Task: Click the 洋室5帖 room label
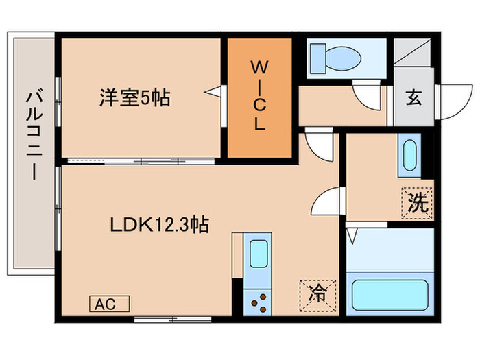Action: pyautogui.click(x=133, y=97)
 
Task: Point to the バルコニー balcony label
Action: pyautogui.click(x=31, y=134)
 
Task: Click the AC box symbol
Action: pyautogui.click(x=109, y=304)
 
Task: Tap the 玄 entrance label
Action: pyautogui.click(x=413, y=98)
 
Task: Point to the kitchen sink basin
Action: pyautogui.click(x=258, y=254)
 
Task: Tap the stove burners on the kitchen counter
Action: pyautogui.click(x=258, y=300)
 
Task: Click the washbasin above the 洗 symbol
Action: pyautogui.click(x=409, y=157)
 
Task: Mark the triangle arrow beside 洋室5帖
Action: pyautogui.click(x=215, y=91)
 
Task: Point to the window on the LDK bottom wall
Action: pyautogui.click(x=163, y=318)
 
